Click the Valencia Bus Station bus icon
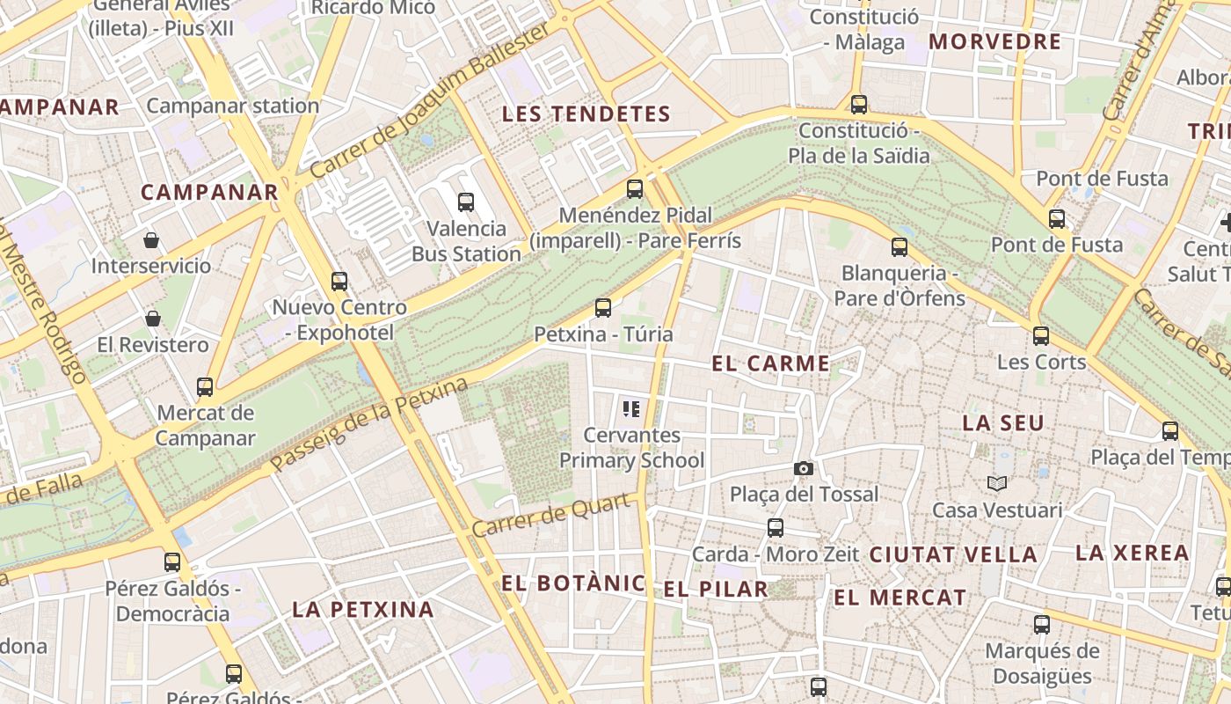(466, 202)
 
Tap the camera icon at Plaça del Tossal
(803, 468)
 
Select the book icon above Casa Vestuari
(996, 483)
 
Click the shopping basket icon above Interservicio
(151, 239)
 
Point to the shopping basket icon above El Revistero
(153, 319)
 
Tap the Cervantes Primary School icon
(630, 408)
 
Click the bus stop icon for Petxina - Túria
(602, 308)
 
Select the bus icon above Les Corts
(1041, 335)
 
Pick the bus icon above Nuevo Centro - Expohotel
(339, 282)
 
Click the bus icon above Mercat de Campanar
(205, 386)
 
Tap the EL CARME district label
(770, 363)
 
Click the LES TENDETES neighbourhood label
(586, 114)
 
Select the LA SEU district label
(1003, 423)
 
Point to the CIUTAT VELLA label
(953, 555)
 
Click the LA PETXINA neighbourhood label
(363, 609)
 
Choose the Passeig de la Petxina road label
(370, 425)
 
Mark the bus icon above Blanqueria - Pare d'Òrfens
(899, 247)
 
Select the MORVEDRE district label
(995, 42)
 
